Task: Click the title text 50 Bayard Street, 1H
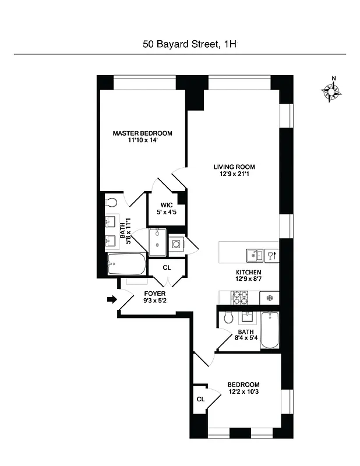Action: point(190,44)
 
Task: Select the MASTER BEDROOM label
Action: point(143,133)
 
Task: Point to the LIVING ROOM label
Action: point(234,167)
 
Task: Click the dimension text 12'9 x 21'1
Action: point(234,175)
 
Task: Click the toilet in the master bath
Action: point(112,202)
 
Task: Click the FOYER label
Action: point(155,294)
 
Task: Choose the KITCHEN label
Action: point(248,273)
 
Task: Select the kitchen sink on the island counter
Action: point(254,255)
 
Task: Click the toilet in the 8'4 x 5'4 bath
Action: point(229,317)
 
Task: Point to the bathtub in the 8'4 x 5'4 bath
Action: point(270,330)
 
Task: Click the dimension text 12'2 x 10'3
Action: point(243,393)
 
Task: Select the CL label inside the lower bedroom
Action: point(200,399)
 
